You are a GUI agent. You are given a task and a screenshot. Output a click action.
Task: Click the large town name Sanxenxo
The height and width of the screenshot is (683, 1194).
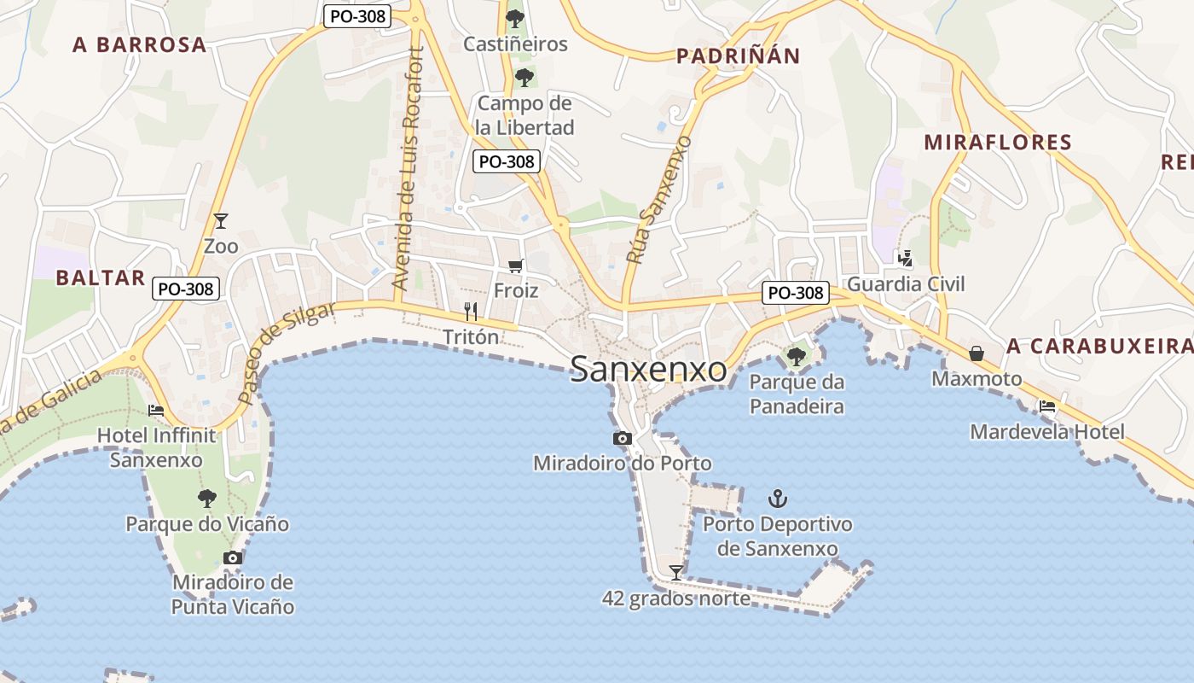click(x=648, y=370)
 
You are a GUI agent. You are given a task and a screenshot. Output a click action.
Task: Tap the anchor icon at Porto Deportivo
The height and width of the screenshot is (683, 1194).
click(x=777, y=498)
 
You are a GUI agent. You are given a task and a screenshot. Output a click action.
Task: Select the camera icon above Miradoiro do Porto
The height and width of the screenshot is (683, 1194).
click(x=623, y=438)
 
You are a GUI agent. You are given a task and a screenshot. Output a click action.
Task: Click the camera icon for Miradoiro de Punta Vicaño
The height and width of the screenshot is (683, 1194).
click(x=232, y=557)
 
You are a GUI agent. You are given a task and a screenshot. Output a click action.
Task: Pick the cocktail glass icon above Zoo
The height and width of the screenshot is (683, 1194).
click(x=221, y=221)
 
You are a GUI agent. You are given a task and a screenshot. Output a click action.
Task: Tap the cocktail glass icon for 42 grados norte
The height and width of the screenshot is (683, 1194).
click(x=676, y=572)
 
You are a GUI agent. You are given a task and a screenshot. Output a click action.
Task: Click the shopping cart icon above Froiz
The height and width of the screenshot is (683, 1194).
click(x=515, y=266)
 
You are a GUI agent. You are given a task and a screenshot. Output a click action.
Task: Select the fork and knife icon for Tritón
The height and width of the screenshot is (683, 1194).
click(x=471, y=311)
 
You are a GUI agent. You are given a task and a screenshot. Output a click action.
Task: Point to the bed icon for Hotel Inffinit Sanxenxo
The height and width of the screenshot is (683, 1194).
click(x=156, y=410)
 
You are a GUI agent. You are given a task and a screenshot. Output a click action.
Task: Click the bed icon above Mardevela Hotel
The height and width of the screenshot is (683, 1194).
click(x=1047, y=406)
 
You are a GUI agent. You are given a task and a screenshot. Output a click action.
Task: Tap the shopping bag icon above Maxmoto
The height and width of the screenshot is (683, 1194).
click(x=977, y=353)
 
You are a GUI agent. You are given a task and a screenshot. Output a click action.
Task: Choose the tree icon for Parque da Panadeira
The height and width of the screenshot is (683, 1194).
click(x=797, y=355)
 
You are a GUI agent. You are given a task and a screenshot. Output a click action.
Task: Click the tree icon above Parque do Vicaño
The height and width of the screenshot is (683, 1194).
click(x=206, y=498)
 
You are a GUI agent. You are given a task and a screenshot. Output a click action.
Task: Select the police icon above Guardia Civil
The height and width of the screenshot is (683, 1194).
click(x=905, y=258)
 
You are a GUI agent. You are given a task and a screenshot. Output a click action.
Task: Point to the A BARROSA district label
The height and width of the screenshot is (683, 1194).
click(x=140, y=44)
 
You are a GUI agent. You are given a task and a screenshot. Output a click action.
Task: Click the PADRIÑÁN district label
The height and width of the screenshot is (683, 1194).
click(x=739, y=56)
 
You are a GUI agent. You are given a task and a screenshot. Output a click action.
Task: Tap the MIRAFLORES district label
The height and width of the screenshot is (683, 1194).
click(x=998, y=142)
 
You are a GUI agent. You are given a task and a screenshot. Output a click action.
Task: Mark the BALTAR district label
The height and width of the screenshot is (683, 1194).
click(x=100, y=277)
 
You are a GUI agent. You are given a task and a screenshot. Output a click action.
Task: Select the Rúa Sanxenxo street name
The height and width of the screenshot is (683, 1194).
click(x=657, y=198)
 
